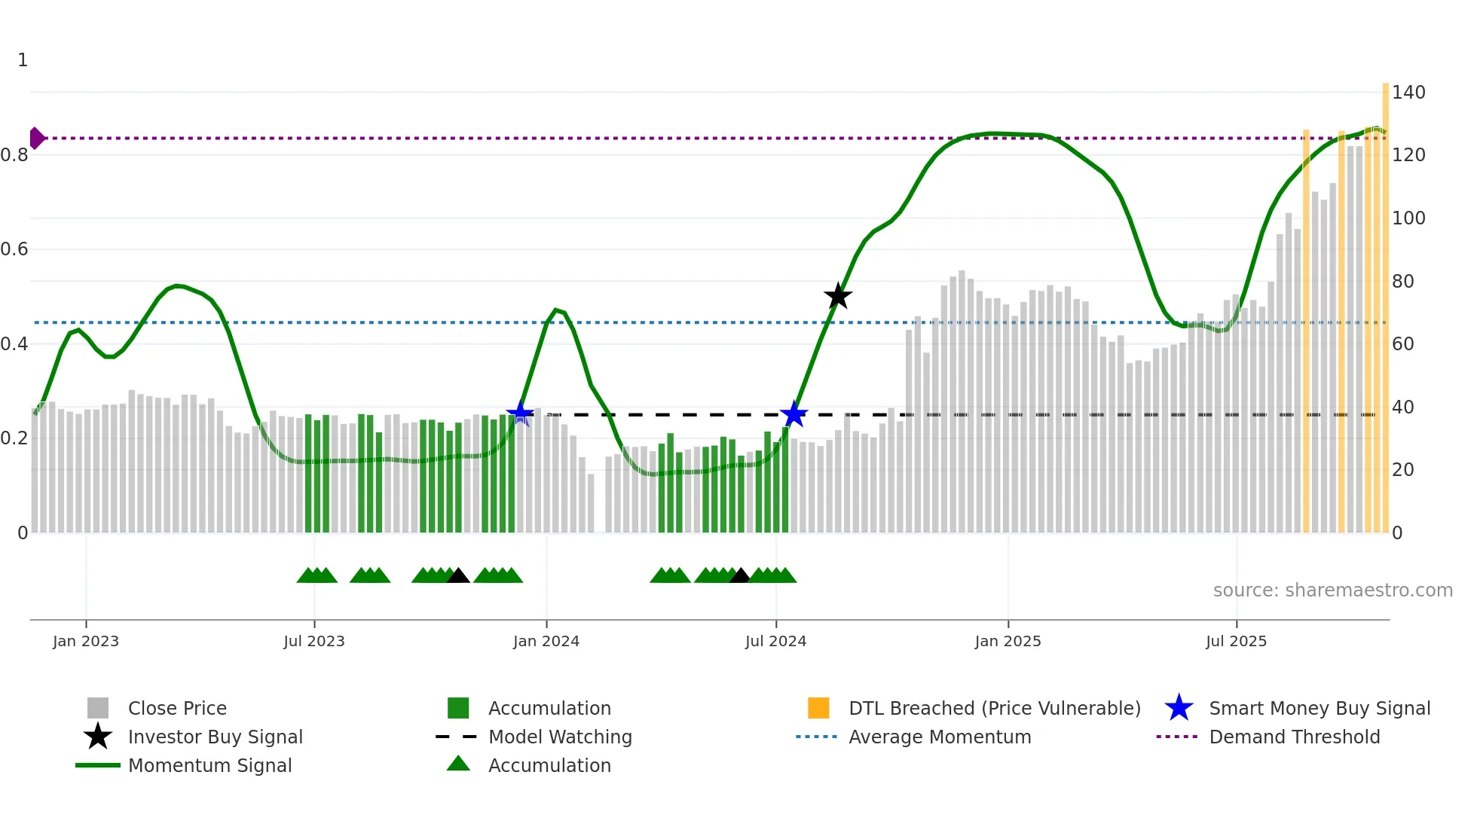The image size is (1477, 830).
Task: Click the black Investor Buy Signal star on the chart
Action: [x=837, y=296]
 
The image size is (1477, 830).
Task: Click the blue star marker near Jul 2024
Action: [x=794, y=414]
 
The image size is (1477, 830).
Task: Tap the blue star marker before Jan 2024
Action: [x=519, y=413]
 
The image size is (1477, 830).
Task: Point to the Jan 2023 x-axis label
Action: [x=86, y=641]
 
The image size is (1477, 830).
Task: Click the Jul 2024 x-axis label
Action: [x=775, y=641]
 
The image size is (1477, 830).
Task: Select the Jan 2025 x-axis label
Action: [x=1008, y=641]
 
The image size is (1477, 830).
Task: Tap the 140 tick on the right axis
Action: [x=1408, y=93]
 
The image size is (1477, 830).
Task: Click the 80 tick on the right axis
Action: [x=1402, y=282]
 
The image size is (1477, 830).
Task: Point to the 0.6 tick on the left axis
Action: [x=15, y=249]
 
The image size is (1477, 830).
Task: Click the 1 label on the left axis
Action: [x=23, y=60]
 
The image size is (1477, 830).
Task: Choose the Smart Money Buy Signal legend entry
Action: [x=1319, y=708]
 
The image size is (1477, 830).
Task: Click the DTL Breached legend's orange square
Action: [x=818, y=708]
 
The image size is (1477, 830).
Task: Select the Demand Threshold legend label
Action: [x=1294, y=737]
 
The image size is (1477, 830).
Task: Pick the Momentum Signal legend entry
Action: [x=209, y=765]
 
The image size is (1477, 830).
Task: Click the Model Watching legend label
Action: [x=560, y=737]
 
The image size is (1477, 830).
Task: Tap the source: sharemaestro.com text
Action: [x=1332, y=590]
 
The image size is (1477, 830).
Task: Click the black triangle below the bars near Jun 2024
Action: [x=740, y=576]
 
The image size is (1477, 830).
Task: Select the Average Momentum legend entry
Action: [x=939, y=737]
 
